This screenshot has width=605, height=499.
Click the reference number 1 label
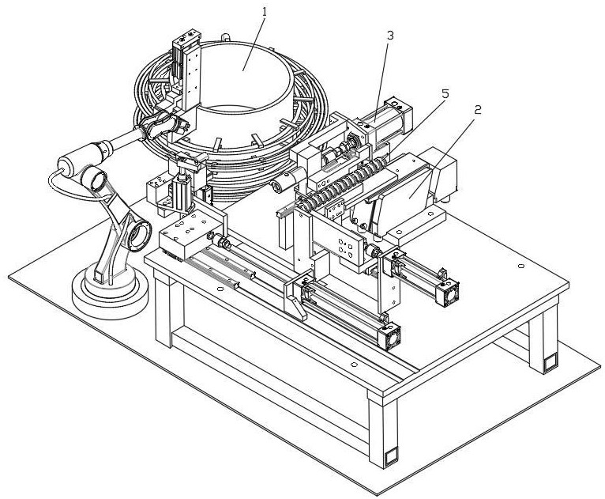tap(265, 12)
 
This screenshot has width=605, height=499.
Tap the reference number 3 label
tap(390, 36)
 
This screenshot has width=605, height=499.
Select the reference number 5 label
tap(445, 94)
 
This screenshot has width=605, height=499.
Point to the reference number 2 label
tap(477, 110)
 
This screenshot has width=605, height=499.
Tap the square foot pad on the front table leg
tap(390, 456)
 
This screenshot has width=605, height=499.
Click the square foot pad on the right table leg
tap(551, 362)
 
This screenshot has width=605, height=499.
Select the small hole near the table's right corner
tap(521, 267)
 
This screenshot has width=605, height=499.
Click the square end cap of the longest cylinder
tap(389, 337)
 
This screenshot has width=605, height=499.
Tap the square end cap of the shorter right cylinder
tap(448, 293)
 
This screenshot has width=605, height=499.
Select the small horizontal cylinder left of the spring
tap(287, 181)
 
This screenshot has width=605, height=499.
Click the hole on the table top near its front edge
tap(354, 365)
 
